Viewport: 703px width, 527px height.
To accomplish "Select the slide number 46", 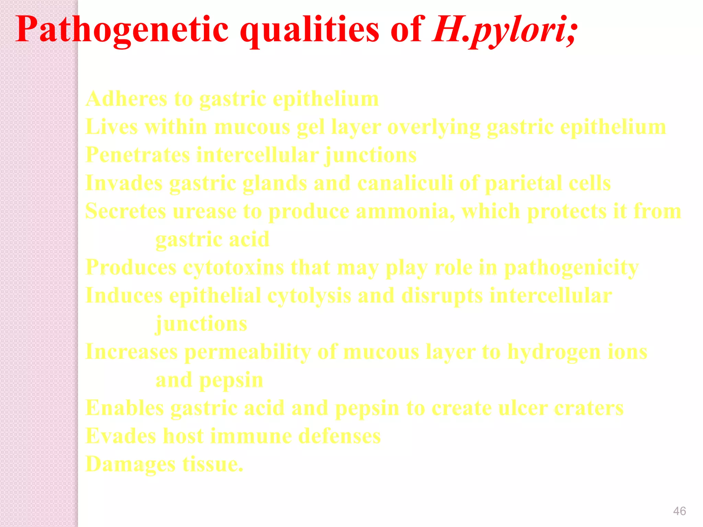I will [679, 511].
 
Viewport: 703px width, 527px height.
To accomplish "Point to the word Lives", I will [112, 127].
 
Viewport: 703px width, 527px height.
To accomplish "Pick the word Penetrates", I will [138, 155].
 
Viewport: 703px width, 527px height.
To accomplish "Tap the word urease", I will [205, 211].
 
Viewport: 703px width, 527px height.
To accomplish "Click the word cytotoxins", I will [233, 268].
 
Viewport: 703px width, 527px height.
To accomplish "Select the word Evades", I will [121, 436].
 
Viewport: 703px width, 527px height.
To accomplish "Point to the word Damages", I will [130, 465].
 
